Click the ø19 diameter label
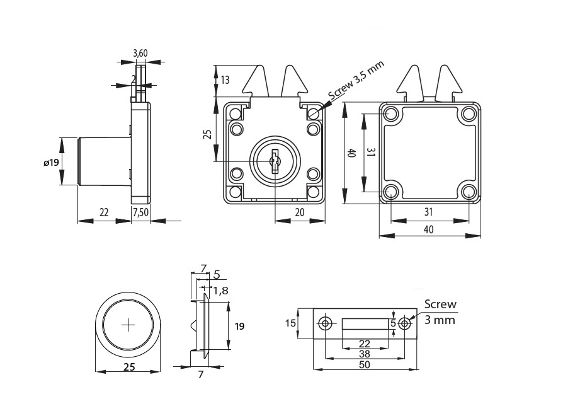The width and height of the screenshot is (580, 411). tap(52, 162)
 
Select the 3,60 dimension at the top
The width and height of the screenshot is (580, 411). tap(140, 54)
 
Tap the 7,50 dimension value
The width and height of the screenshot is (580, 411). tap(140, 213)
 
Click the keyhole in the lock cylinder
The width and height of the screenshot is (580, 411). tap(275, 161)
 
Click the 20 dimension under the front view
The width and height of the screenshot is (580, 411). tap(299, 213)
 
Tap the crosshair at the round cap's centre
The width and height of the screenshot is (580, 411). tap(128, 325)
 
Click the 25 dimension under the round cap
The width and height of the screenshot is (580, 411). tap(128, 367)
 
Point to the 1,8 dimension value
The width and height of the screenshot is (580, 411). tap(221, 291)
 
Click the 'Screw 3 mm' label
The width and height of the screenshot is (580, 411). tap(440, 312)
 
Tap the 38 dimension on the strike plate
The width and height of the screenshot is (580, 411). tap(365, 354)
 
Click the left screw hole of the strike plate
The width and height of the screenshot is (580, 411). tap(325, 324)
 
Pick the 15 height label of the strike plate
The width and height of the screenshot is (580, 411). tap(290, 323)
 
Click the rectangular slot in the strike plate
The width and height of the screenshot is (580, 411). tap(365, 324)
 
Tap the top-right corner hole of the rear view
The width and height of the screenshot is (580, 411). tap(468, 113)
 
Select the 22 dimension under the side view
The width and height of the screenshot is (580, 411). tap(104, 213)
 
